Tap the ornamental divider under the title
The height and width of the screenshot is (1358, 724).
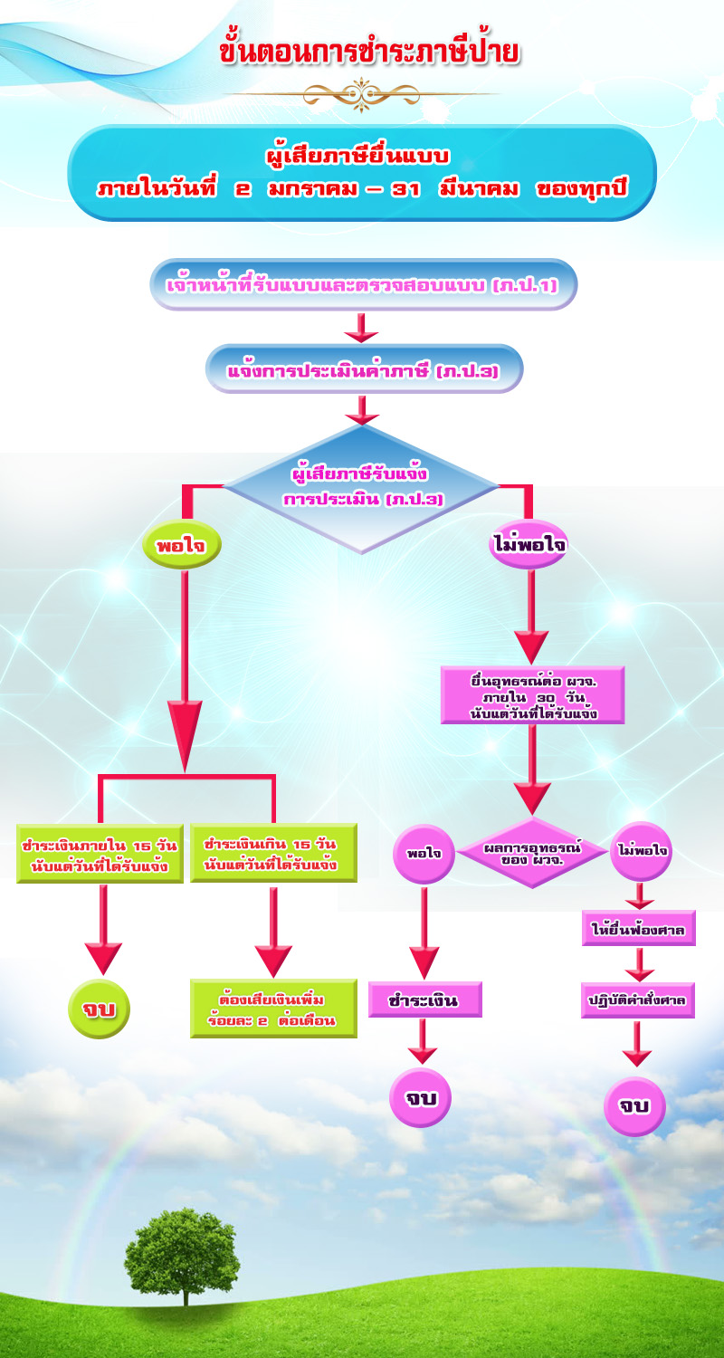pos(362,93)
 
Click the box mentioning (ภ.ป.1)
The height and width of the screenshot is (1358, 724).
pos(362,285)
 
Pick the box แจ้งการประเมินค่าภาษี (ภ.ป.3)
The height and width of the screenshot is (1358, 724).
pos(363,369)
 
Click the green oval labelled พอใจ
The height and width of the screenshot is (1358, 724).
pos(182,546)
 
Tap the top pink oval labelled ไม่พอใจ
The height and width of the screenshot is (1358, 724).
pos(529,546)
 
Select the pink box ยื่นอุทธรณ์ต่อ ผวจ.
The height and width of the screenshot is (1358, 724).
pos(532,694)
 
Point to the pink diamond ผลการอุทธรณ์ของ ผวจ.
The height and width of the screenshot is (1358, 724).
pos(532,852)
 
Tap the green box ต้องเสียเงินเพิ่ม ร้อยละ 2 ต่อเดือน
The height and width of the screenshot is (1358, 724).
pos(272,1009)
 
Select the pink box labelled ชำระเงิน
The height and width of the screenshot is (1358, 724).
pos(424,1000)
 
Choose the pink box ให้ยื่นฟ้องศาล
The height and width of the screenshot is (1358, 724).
pos(638,929)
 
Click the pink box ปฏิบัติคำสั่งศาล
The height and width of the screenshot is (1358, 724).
pos(638,1001)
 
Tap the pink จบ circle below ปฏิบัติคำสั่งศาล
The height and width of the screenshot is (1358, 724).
pos(634,1105)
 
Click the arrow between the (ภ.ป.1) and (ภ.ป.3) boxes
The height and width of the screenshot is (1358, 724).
pos(361,328)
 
